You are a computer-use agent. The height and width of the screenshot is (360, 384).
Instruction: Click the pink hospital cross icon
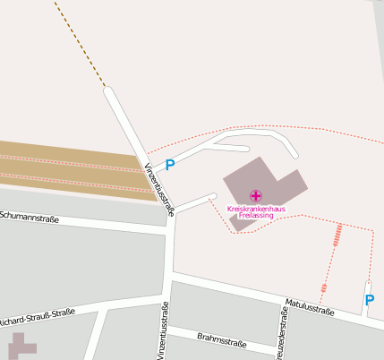tap(256, 195)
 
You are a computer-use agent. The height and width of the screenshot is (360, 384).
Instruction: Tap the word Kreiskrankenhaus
tap(256, 209)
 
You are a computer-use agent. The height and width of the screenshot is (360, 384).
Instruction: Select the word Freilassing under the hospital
tap(256, 216)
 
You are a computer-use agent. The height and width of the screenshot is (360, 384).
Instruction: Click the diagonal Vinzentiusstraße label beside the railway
tap(158, 184)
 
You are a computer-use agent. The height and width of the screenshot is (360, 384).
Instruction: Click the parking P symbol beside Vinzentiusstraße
tap(170, 165)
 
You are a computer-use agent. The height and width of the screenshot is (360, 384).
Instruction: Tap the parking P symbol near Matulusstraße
tap(369, 300)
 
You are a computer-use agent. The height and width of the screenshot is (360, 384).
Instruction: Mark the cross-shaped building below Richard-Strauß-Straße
tap(21, 347)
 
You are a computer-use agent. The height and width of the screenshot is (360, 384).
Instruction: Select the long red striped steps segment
tap(337, 236)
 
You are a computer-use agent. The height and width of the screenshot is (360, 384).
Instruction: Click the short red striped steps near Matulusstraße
tap(324, 287)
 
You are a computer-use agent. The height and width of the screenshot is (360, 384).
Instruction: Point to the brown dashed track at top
tap(81, 45)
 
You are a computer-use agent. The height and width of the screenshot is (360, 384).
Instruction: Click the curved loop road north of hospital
tap(269, 135)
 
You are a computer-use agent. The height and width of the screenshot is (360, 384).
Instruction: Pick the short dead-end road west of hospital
tap(195, 202)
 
